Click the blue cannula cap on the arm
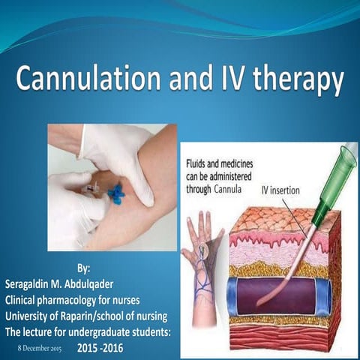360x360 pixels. (116, 193)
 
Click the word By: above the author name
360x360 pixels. (88, 268)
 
